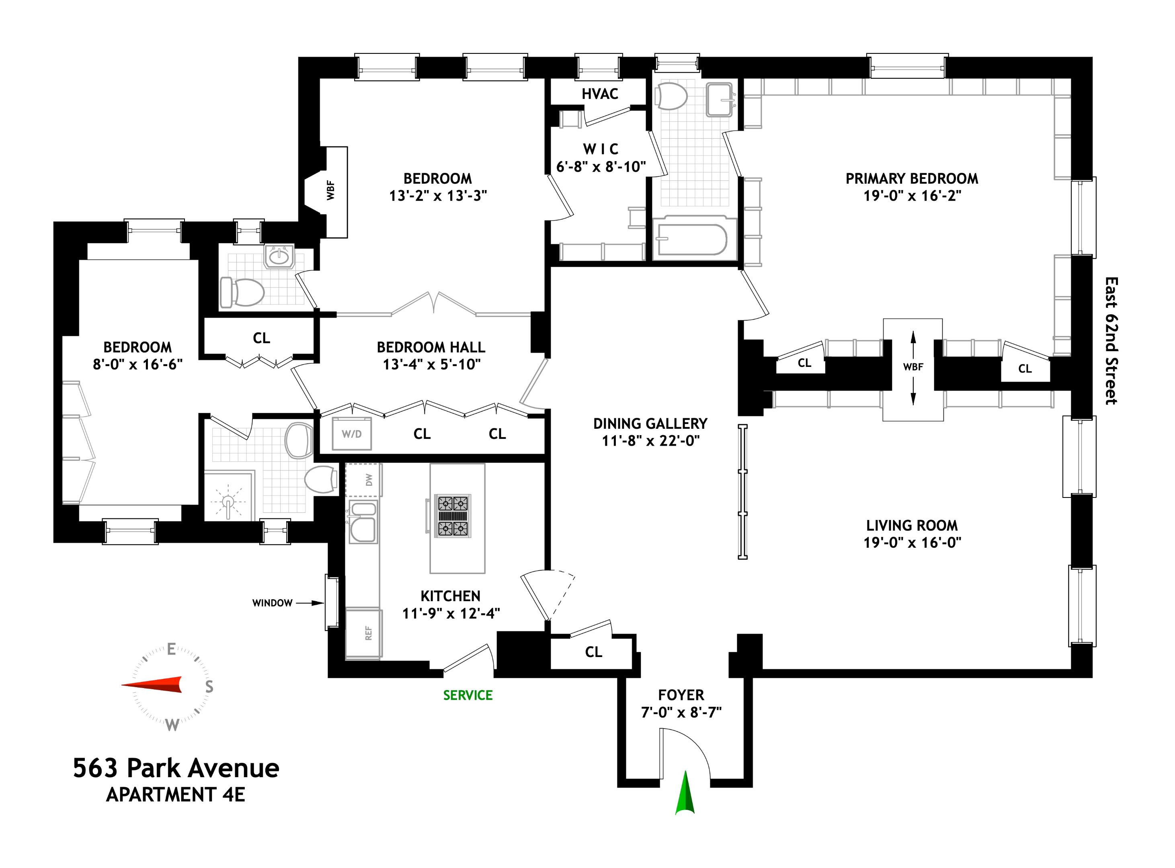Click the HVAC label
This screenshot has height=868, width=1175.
click(x=600, y=94)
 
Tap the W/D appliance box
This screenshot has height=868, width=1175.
click(x=352, y=434)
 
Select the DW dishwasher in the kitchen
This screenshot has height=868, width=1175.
click(x=368, y=480)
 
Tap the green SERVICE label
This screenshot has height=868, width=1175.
click(x=468, y=695)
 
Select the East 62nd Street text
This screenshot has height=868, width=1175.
click(x=1111, y=341)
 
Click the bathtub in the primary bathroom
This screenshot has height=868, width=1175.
click(x=692, y=239)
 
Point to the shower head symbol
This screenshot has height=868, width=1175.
click(x=228, y=502)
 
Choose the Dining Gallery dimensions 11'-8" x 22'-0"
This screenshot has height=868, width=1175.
click(x=650, y=440)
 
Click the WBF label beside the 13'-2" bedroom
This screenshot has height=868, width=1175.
click(x=330, y=190)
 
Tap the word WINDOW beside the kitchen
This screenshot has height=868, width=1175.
click(x=272, y=603)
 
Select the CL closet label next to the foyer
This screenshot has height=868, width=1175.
click(x=593, y=652)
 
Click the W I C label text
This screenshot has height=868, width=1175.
click(x=600, y=149)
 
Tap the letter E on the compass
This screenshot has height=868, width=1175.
click(x=171, y=650)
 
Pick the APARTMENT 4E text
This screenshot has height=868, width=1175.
click(x=176, y=794)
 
